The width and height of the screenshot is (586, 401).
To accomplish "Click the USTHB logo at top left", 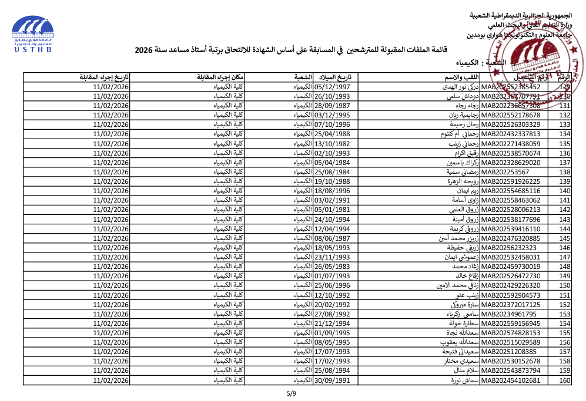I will point(33,34).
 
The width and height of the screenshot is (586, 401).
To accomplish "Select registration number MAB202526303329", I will point(511,124).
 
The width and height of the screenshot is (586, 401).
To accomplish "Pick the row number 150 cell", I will point(564,285).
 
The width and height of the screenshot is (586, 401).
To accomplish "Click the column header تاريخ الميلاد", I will point(335,77).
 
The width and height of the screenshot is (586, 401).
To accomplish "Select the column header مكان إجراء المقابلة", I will point(221,77).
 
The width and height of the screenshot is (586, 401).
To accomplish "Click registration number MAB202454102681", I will point(511,380).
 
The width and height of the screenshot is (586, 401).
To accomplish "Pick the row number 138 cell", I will point(564,172).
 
